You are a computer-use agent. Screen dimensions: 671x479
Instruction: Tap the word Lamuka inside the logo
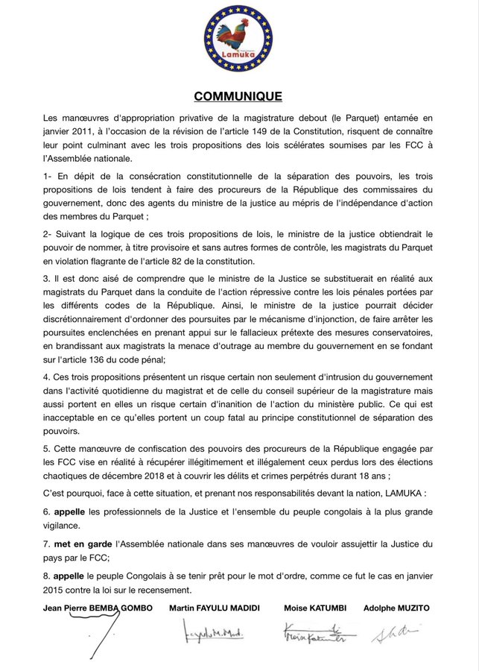tap(239, 56)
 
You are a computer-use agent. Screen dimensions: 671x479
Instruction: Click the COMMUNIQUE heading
tap(238, 96)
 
